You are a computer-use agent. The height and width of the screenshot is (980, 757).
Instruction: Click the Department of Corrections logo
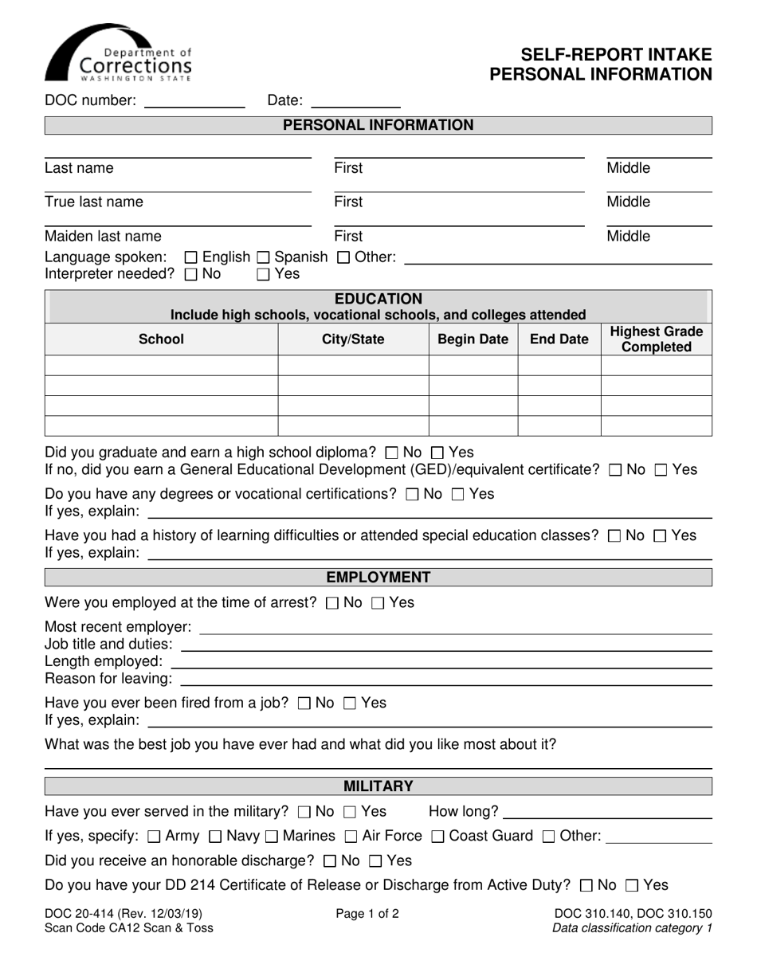point(118,53)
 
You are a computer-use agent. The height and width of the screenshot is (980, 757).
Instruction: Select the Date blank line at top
point(355,101)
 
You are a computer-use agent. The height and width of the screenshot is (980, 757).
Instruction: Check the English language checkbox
point(190,257)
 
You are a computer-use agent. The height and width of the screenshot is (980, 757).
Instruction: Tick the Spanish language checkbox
point(262,257)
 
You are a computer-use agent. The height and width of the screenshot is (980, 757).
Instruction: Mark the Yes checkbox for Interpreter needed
point(263,274)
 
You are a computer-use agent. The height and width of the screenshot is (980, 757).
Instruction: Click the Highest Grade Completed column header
point(656,339)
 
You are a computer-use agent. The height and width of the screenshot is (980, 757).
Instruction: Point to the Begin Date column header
point(473,339)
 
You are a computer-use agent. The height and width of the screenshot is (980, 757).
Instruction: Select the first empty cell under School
point(161,366)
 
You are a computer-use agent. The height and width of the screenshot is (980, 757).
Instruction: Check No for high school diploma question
point(391,453)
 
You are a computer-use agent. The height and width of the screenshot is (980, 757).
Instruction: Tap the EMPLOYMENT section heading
point(378,577)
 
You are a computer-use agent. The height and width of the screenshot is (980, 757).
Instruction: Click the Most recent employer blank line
point(455,628)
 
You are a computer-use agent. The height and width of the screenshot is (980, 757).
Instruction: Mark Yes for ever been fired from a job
point(350,704)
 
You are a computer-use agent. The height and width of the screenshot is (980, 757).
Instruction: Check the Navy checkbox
point(214,837)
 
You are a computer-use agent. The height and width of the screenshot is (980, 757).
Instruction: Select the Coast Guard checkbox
point(437,837)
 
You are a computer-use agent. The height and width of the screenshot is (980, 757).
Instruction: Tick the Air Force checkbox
point(351,837)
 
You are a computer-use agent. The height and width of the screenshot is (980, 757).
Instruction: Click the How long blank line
point(608,813)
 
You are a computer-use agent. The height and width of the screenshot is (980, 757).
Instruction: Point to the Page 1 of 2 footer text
point(367,914)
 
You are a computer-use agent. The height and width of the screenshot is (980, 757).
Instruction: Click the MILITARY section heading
point(378,786)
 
